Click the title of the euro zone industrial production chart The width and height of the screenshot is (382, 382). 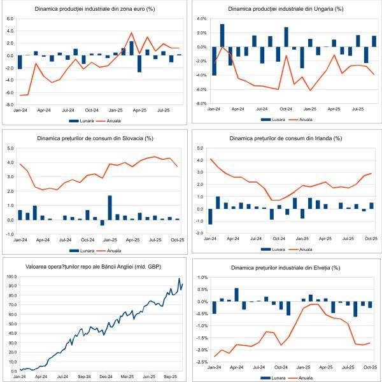click(95, 8)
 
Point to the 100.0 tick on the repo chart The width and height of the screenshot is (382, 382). click(11, 277)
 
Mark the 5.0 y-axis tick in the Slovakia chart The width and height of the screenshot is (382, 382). click(10, 148)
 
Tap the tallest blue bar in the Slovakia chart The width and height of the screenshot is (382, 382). click(110, 208)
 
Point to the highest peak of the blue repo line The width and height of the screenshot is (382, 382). click(180, 278)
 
